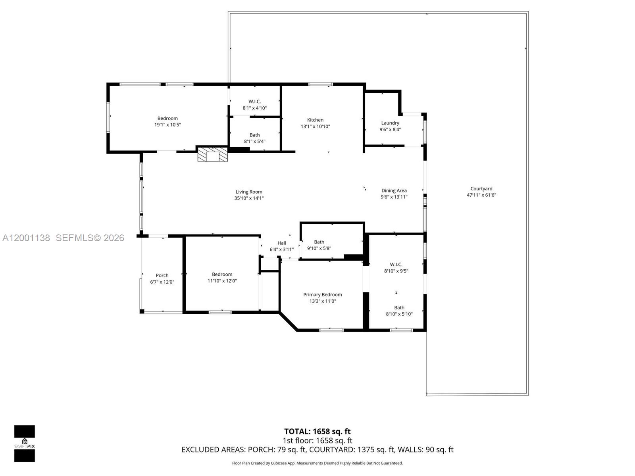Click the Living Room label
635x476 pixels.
249,192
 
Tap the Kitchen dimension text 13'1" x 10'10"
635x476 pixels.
315,127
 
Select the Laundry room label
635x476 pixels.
390,123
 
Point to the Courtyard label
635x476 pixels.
481,189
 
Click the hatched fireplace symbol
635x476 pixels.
213,154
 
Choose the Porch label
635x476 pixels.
162,275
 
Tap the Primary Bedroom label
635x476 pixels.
322,295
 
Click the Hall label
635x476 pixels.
281,243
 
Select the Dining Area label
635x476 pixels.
394,190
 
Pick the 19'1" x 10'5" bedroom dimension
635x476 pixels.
167,125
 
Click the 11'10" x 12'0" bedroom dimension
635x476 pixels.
222,281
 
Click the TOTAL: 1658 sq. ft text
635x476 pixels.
317,432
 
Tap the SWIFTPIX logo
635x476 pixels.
25,443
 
